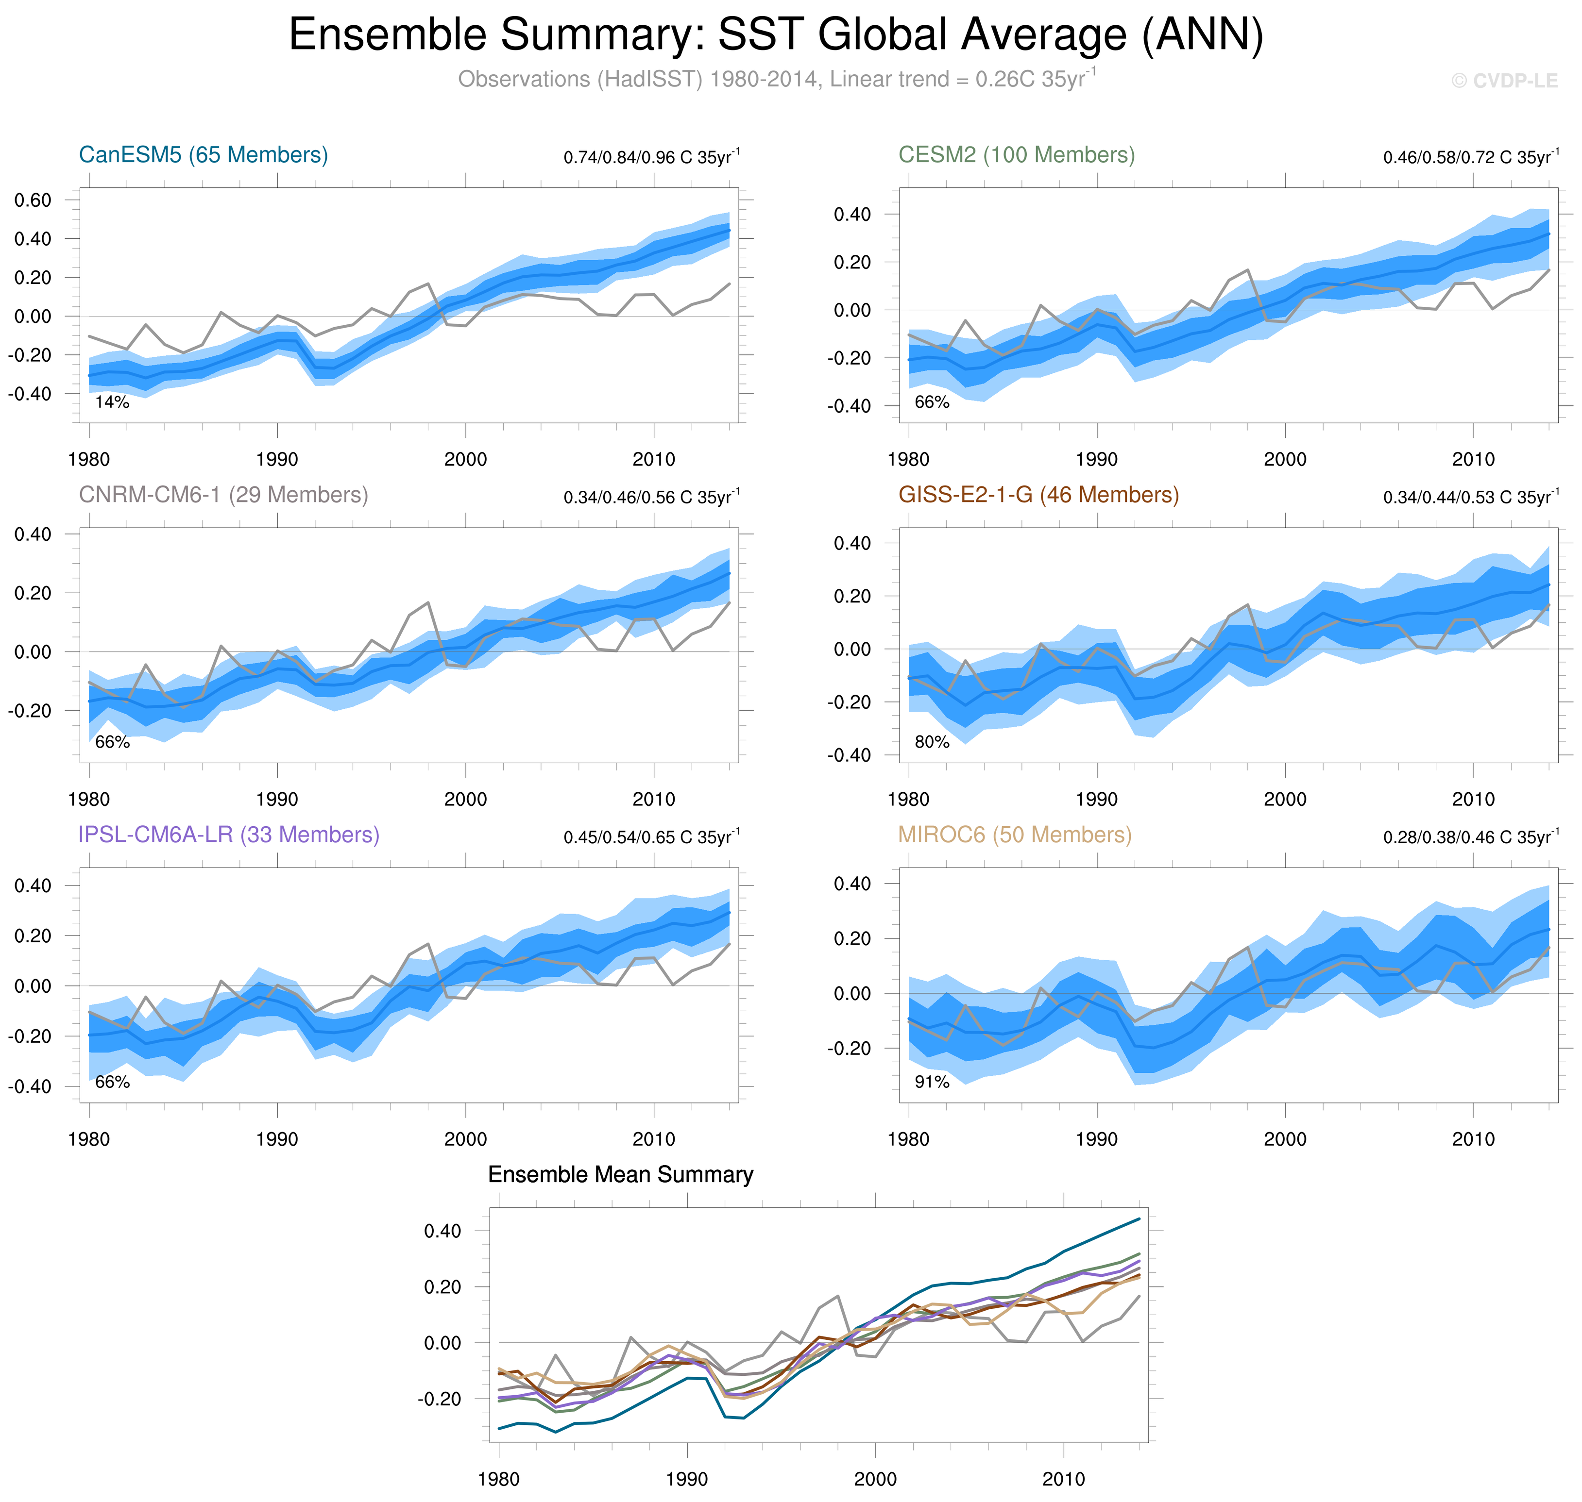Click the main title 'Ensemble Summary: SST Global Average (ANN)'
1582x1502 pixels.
pos(775,35)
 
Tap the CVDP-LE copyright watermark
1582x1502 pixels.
pos(1504,81)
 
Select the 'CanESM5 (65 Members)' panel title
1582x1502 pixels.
pos(204,154)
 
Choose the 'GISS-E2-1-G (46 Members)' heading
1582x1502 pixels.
pos(1038,495)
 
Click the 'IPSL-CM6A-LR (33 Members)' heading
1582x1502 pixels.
pos(228,834)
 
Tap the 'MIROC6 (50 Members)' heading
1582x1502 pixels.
pos(1014,834)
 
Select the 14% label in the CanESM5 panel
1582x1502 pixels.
pos(112,402)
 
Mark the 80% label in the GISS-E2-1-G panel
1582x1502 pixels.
pos(932,742)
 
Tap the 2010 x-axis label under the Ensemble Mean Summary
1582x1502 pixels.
pos(1063,1479)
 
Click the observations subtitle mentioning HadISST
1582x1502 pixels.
pos(775,79)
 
